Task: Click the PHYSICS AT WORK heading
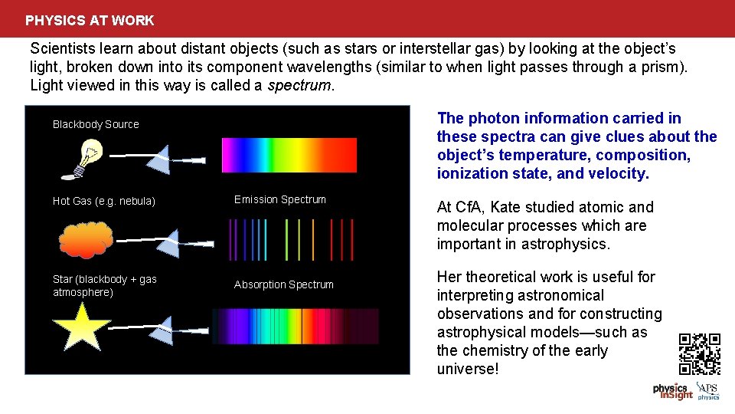point(90,21)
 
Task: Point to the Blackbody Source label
point(96,124)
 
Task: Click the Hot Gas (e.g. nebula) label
point(103,201)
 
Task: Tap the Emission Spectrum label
point(279,199)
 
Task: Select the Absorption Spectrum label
point(283,284)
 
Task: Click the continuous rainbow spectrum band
point(289,155)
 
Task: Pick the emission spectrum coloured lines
point(289,240)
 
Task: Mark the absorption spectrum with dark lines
point(295,326)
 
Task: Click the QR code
point(700,353)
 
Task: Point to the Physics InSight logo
point(672,391)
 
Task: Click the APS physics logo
point(707,391)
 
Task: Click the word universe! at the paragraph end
point(467,369)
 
